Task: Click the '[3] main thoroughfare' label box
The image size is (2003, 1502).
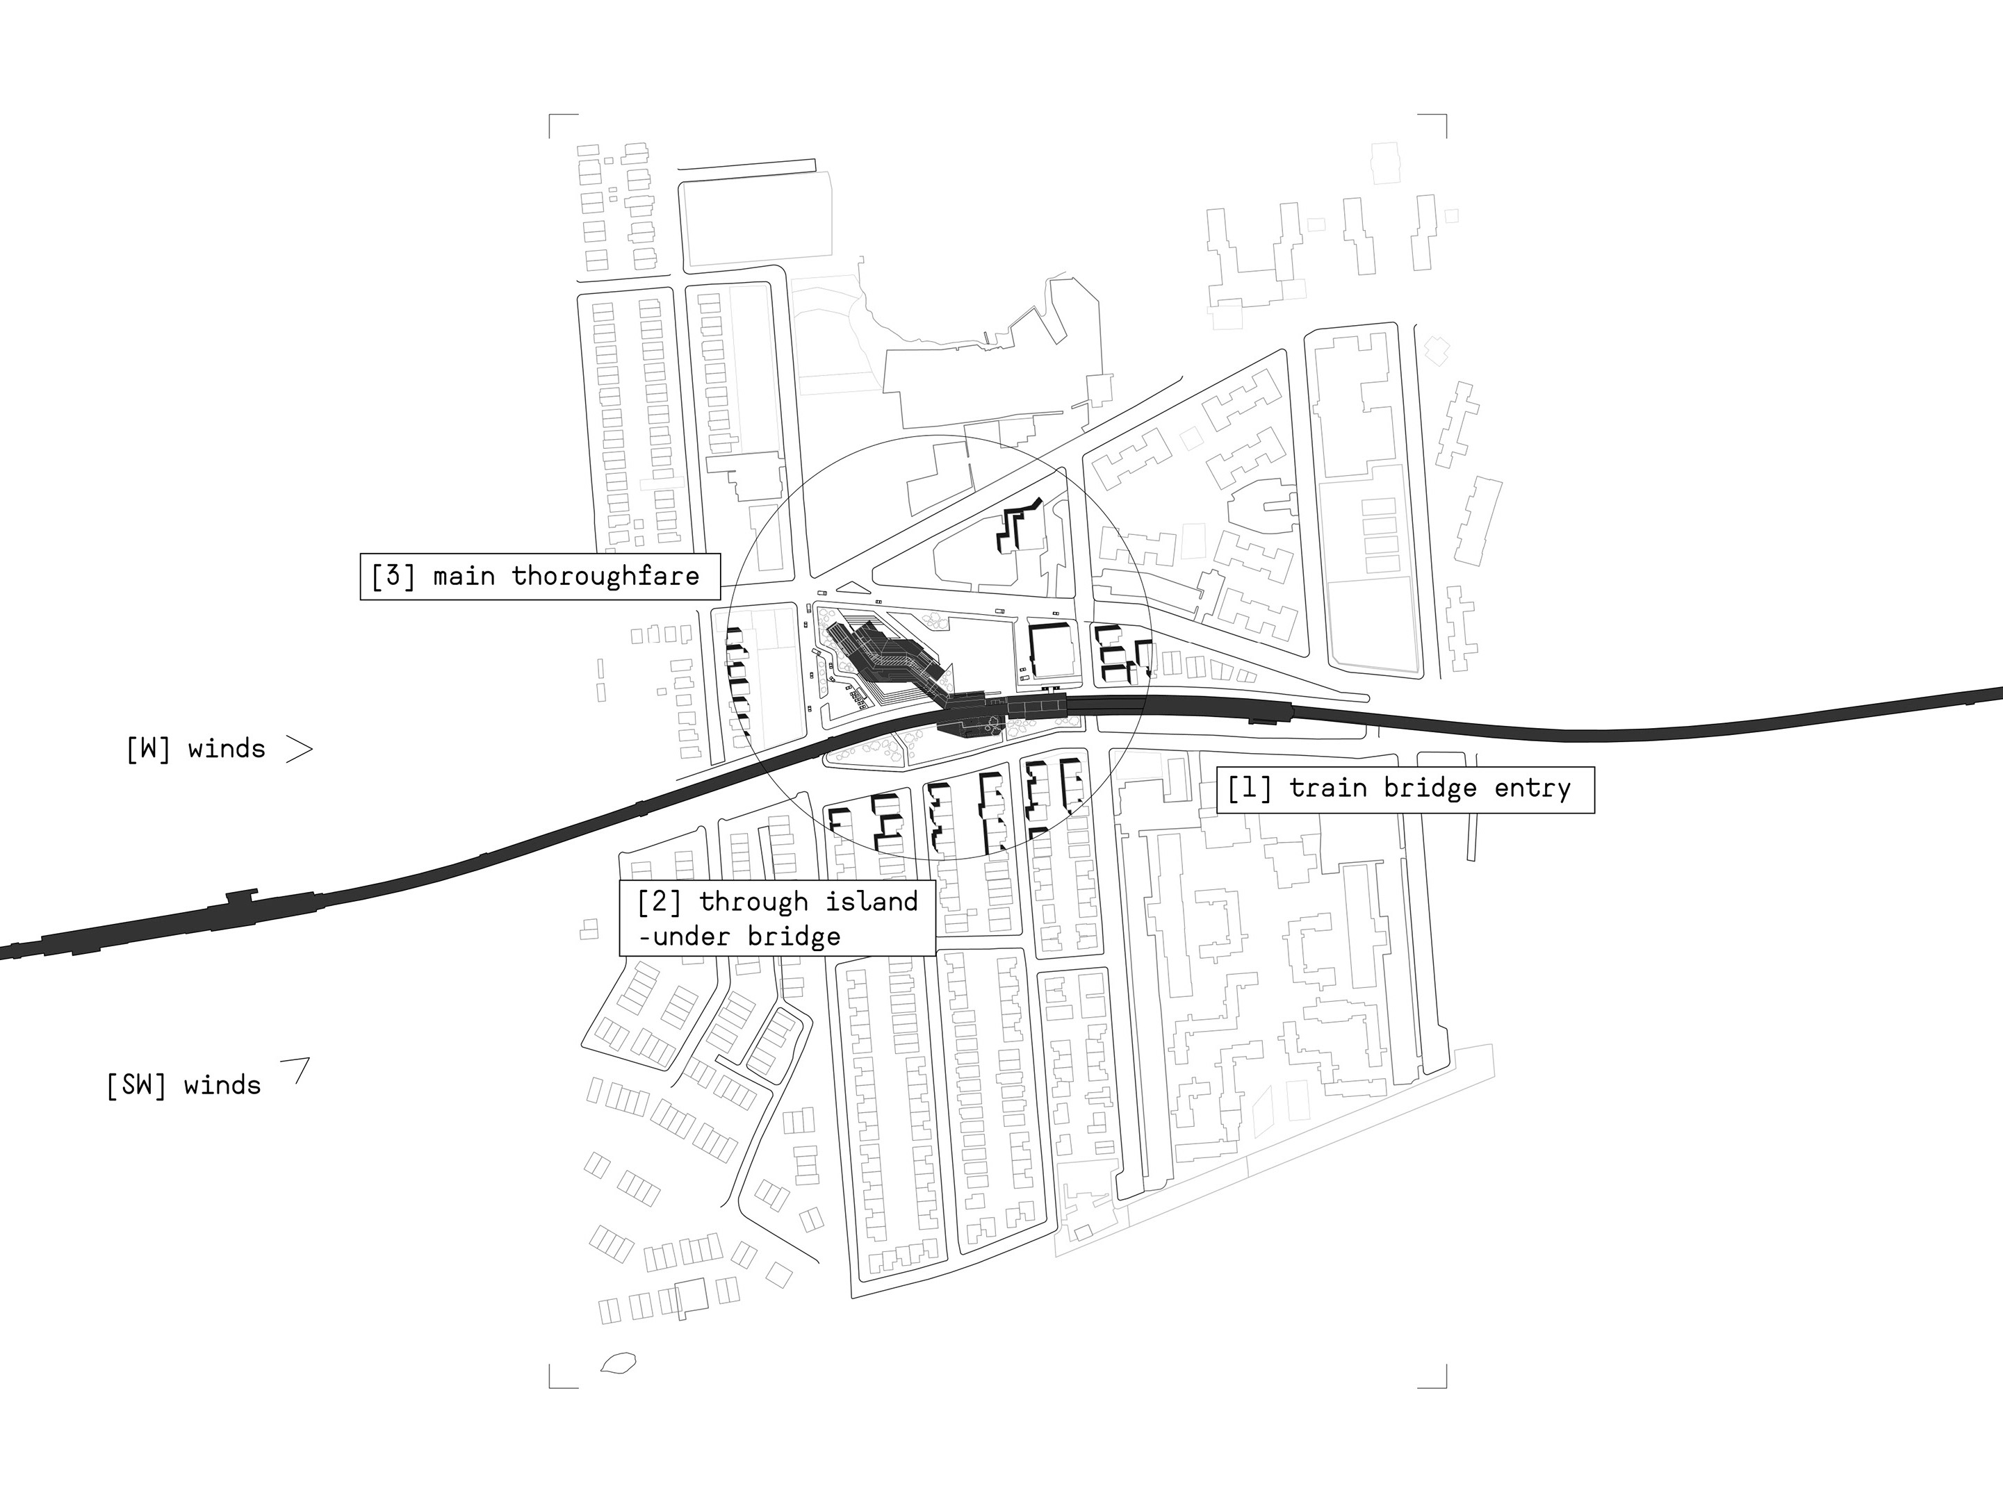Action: (x=540, y=576)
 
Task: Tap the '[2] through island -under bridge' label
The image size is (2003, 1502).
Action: (x=777, y=918)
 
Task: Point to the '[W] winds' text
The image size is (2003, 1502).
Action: (x=195, y=749)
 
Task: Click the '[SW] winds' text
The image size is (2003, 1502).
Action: (x=183, y=1084)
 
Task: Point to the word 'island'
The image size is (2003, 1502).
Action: (x=870, y=902)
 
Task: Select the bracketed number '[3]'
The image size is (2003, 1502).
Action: (x=393, y=576)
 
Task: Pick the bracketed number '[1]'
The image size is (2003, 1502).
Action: (x=1249, y=789)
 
